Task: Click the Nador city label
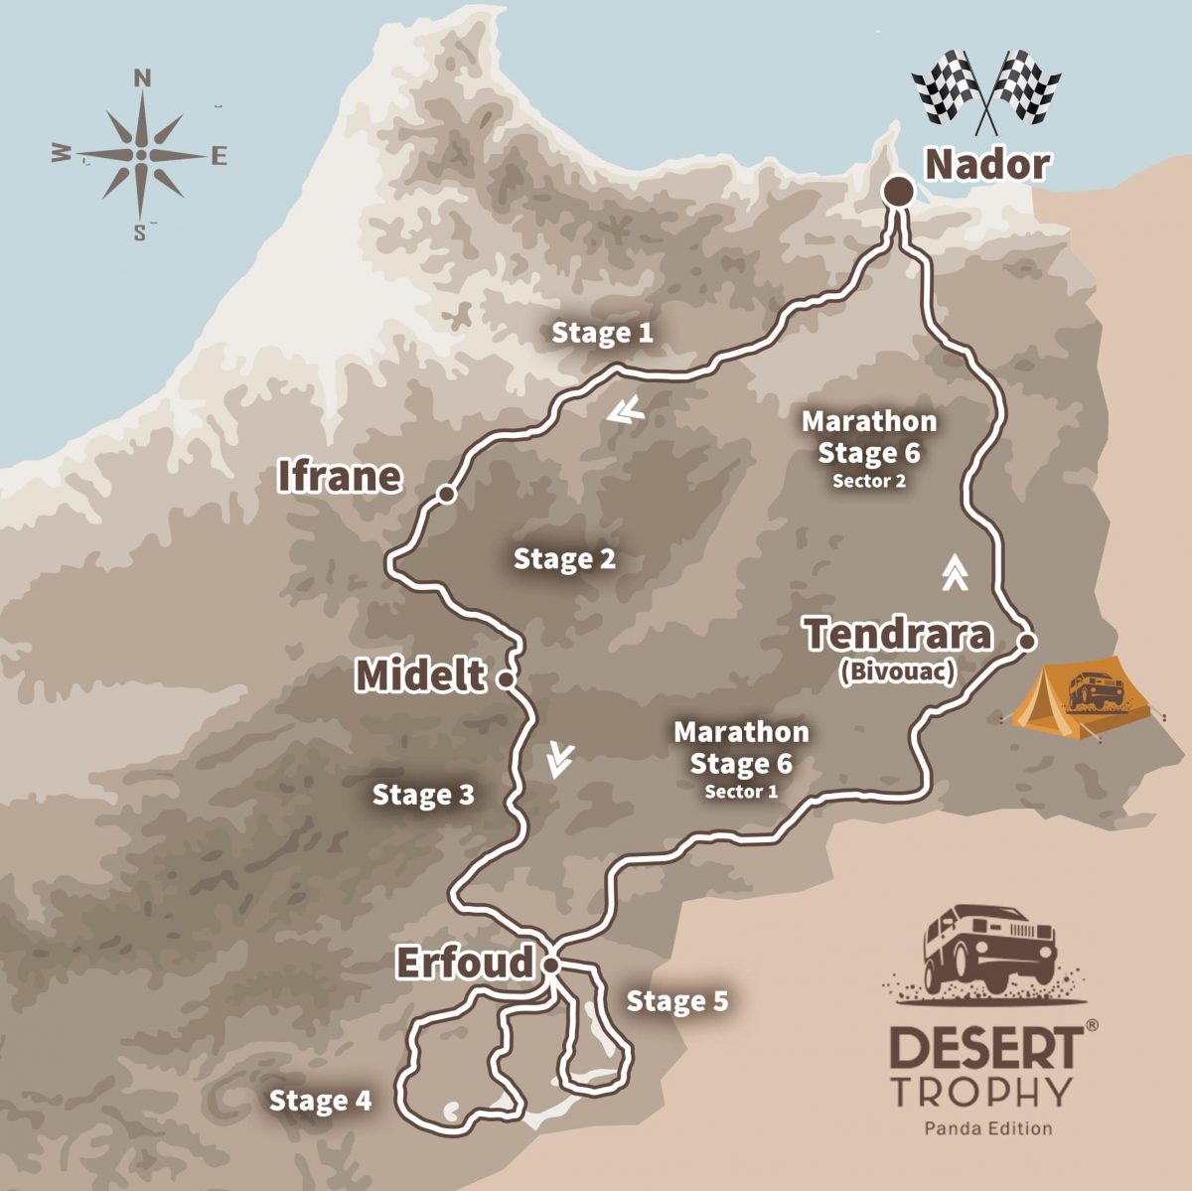[986, 165]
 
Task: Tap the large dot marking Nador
[899, 191]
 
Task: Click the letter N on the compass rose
[142, 78]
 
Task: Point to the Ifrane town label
[339, 477]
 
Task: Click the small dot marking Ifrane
[447, 494]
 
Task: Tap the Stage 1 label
[603, 333]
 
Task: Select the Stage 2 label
[564, 559]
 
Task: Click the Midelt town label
[421, 676]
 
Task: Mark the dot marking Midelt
[505, 680]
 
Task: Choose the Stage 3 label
[423, 795]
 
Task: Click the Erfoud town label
[465, 963]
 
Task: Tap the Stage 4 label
[320, 1101]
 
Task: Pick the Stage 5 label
[677, 1001]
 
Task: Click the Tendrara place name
[898, 634]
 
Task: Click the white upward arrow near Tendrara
[955, 572]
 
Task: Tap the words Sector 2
[869, 482]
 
